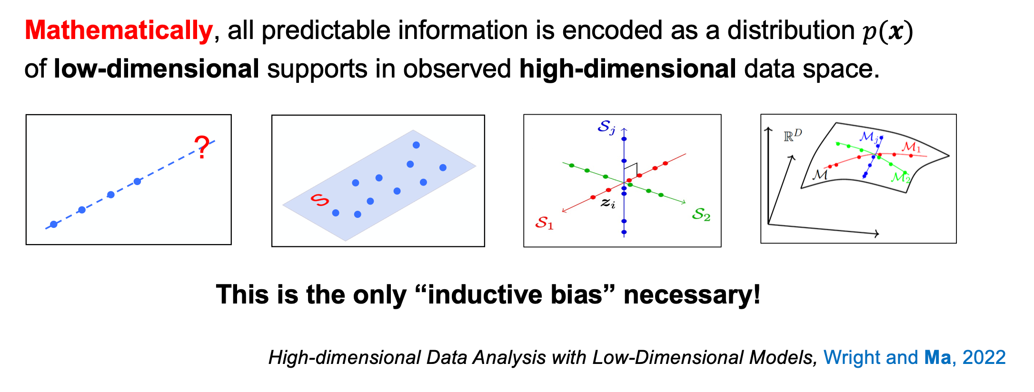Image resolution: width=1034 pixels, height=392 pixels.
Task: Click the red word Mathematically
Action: tap(119, 30)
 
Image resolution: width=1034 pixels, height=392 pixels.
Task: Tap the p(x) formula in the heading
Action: tap(887, 31)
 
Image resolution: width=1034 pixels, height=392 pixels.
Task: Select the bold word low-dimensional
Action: tap(157, 69)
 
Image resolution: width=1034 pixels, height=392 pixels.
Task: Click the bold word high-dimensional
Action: tap(627, 69)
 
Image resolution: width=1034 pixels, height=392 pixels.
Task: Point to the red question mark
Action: tap(202, 147)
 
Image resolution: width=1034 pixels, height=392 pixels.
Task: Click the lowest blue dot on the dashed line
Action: tap(54, 224)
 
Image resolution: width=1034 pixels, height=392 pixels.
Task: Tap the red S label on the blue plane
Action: tap(319, 200)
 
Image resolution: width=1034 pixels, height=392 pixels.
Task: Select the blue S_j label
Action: tap(606, 127)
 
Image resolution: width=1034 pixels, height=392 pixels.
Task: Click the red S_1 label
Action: tap(544, 223)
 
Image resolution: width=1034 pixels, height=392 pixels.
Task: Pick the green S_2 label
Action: tap(701, 215)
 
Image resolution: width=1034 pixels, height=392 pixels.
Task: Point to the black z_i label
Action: tap(608, 203)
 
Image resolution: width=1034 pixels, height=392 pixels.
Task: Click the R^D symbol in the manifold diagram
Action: tap(793, 136)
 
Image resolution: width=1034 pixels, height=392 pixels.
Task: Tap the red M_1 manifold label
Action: tap(911, 147)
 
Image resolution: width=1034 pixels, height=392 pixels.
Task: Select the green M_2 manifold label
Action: tap(900, 177)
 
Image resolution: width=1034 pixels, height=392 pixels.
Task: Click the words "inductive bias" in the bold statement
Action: tap(515, 294)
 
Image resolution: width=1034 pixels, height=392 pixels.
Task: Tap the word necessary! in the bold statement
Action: tap(692, 294)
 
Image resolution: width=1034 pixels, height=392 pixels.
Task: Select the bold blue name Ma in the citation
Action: tap(937, 357)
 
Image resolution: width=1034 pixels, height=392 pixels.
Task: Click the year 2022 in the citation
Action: tap(984, 357)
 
